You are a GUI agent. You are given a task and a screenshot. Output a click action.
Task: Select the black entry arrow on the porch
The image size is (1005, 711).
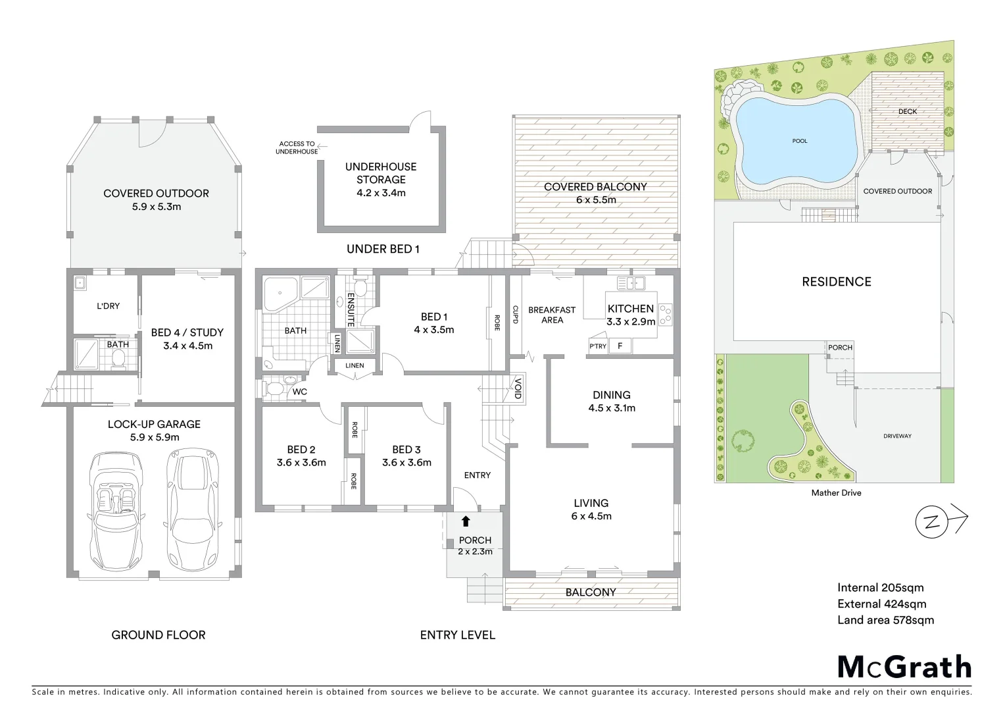point(466,521)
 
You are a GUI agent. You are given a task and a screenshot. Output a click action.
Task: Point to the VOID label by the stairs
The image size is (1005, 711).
point(518,387)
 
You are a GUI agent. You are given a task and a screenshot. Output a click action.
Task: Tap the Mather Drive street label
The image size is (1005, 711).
point(836,492)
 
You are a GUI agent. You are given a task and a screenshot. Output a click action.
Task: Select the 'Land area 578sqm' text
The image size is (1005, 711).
point(885,619)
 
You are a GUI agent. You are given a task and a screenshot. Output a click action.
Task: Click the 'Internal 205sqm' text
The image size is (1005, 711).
point(880,588)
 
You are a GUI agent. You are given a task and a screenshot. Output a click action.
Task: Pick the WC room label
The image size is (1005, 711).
point(300,392)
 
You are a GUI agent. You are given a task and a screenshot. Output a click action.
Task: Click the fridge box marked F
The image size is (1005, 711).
point(620,346)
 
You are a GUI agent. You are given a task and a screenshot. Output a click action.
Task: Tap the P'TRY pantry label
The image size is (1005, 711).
point(597,346)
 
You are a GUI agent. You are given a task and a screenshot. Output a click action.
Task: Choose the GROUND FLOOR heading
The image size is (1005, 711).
point(159,635)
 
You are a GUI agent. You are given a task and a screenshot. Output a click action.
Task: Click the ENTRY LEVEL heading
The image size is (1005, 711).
point(458,635)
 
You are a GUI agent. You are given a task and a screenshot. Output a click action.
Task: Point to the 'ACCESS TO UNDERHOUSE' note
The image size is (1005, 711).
point(297,147)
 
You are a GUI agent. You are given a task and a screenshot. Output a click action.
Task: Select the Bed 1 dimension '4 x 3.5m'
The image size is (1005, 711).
point(433,330)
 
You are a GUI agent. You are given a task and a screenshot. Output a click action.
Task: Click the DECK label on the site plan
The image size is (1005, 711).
point(907,111)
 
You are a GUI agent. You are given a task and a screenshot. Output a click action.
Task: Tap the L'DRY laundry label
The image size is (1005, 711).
point(108,306)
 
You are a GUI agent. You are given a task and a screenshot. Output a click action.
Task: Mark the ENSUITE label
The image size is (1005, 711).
point(351,309)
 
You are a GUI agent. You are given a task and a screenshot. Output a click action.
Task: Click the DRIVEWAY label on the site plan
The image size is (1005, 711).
point(897,436)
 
